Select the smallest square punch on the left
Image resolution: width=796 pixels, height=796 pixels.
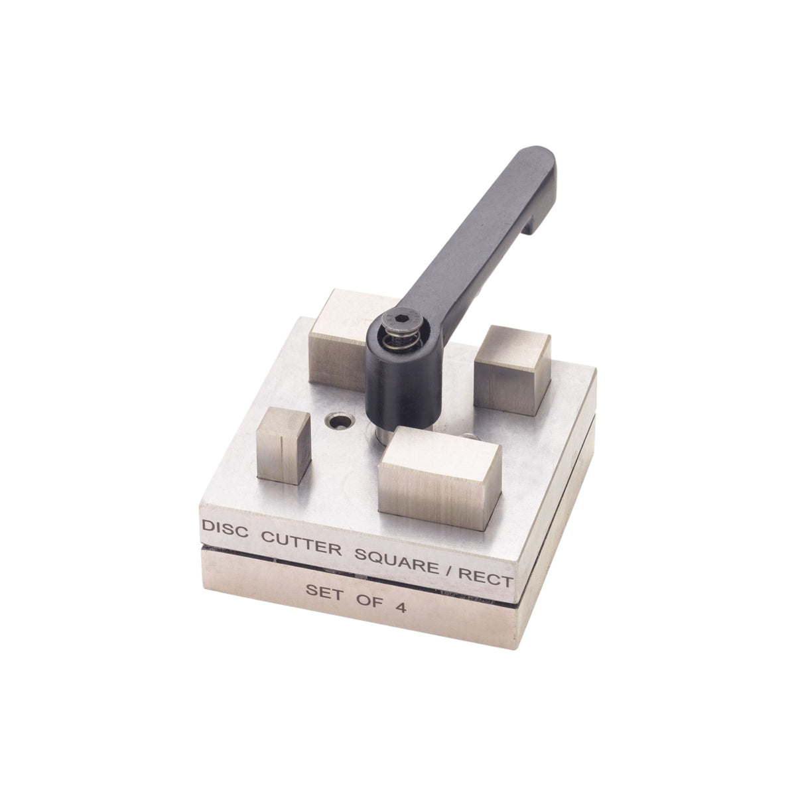(x=283, y=446)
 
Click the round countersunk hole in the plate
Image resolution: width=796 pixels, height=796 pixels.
(x=338, y=421)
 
